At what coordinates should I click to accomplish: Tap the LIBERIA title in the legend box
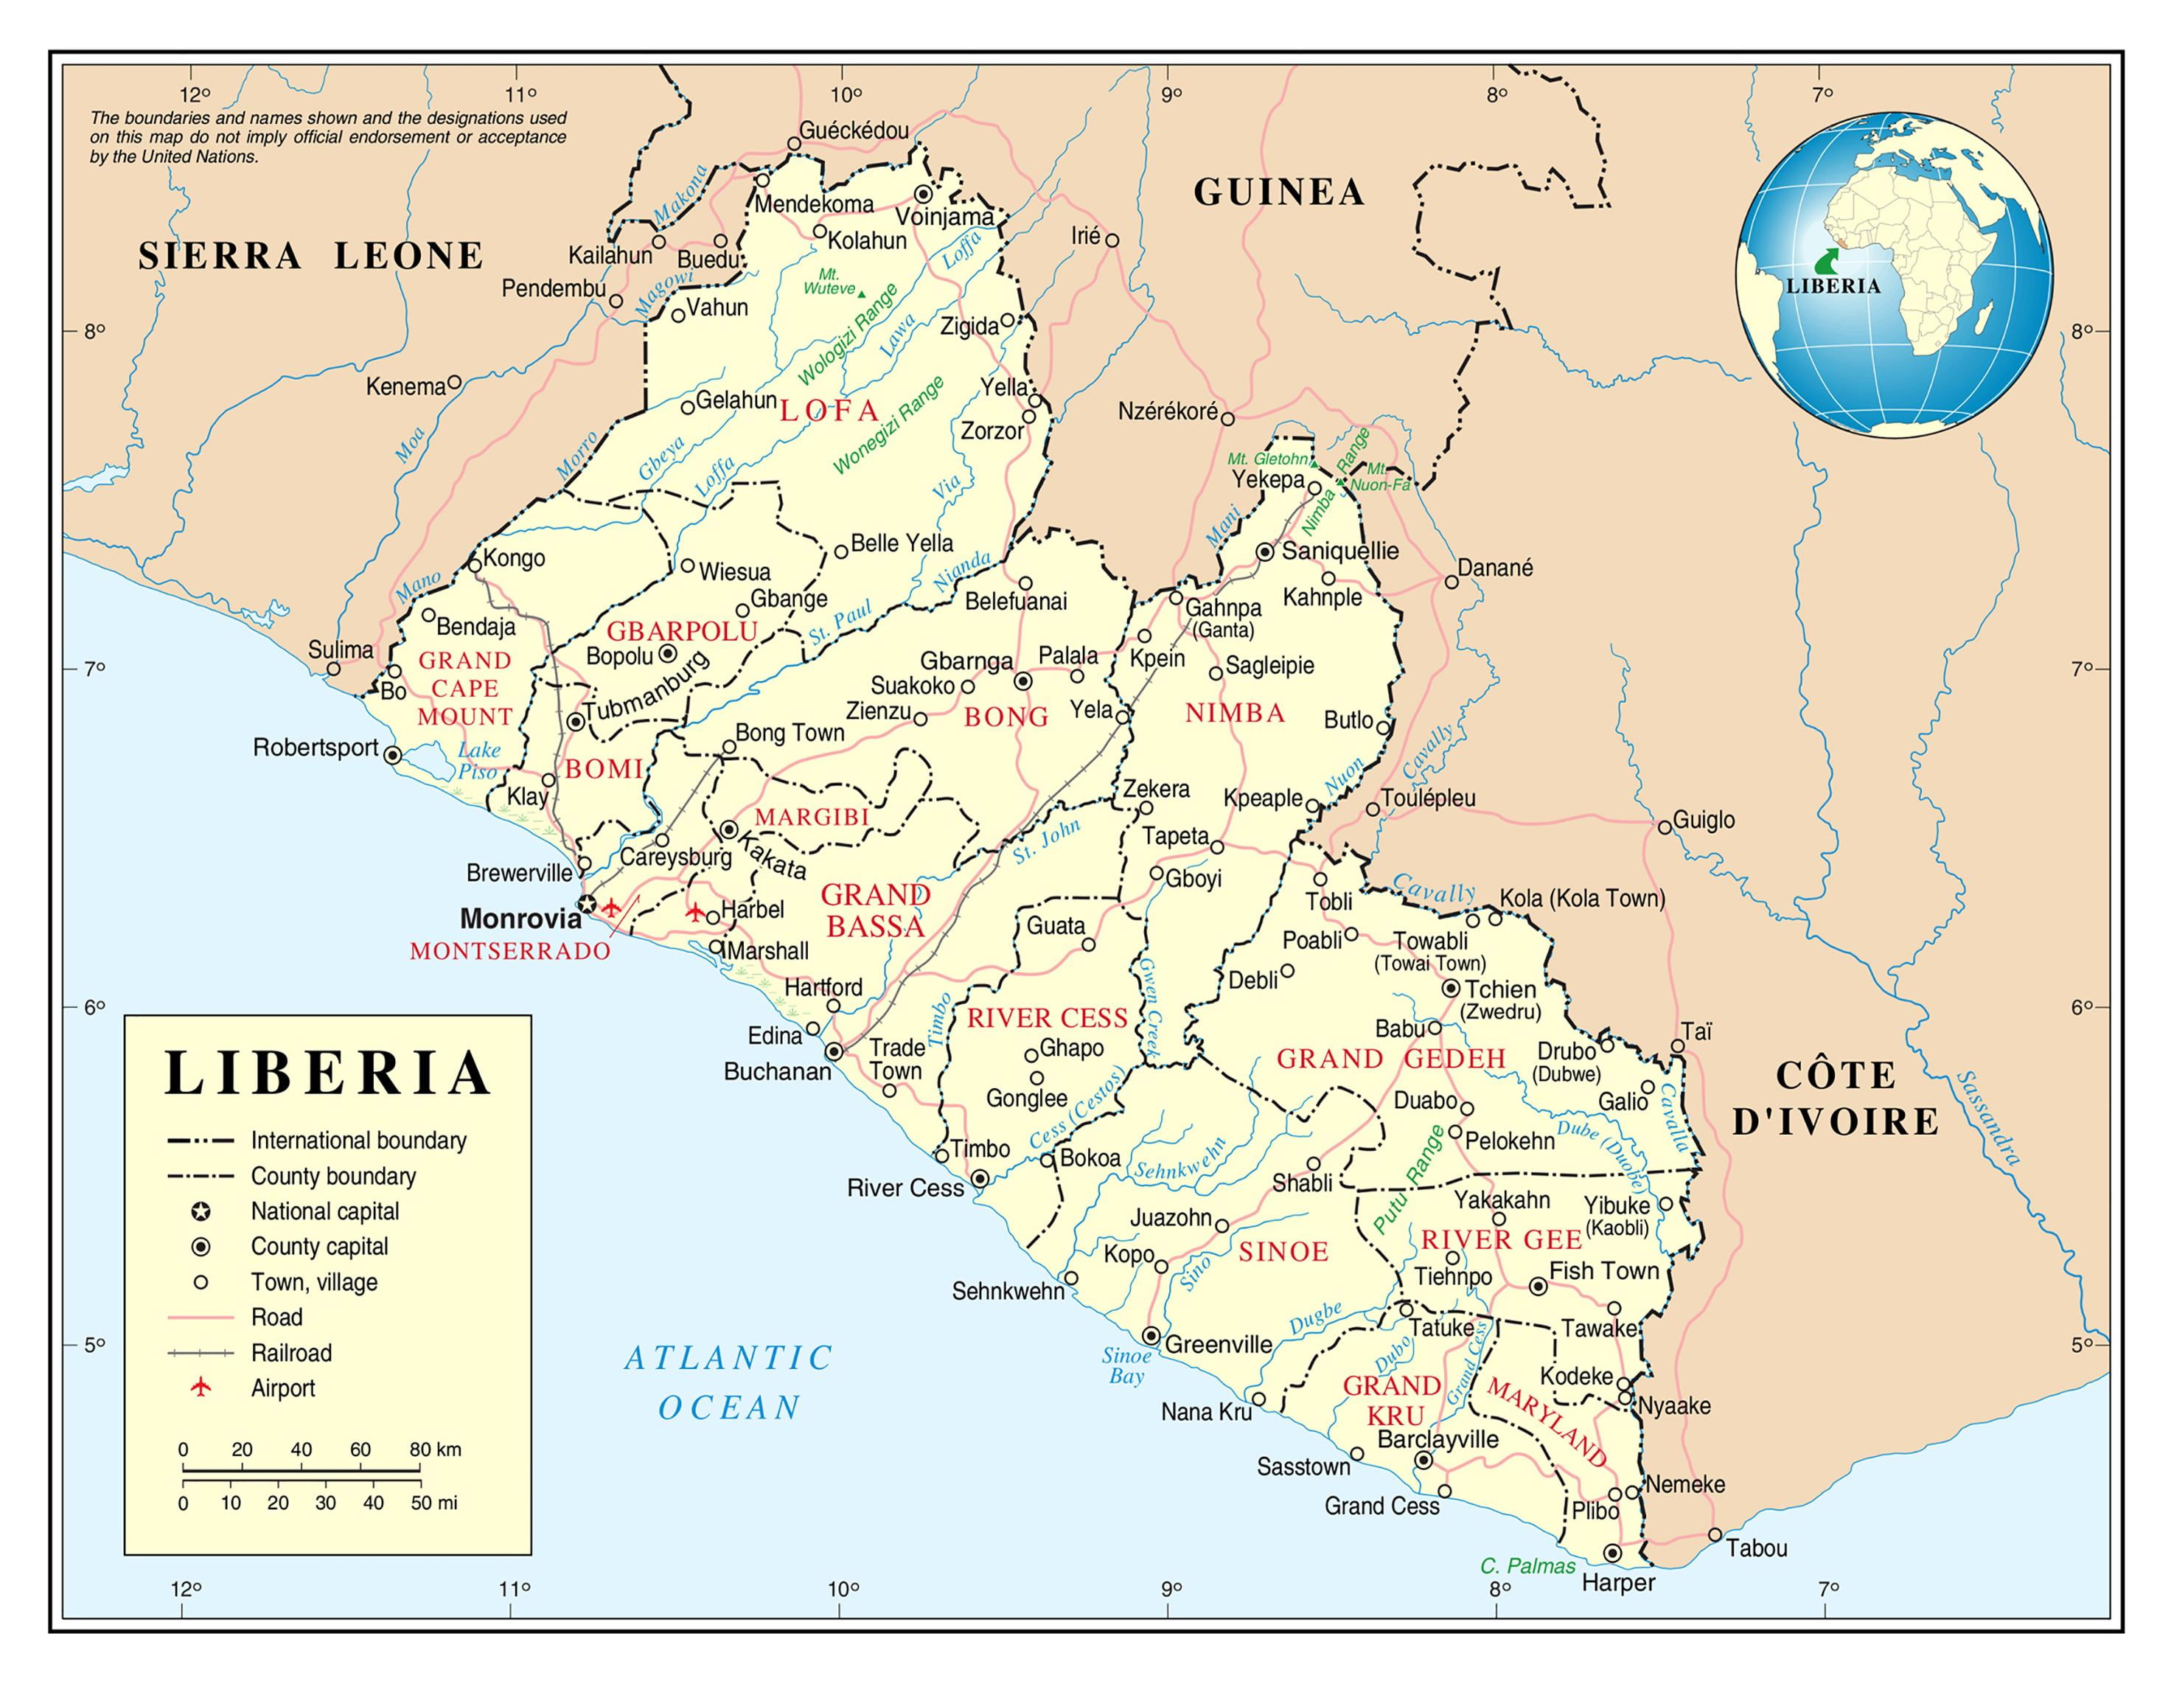point(327,1073)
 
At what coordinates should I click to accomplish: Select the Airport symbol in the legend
point(202,1387)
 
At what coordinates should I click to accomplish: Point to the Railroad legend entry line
point(202,1352)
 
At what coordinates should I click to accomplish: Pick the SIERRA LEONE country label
point(310,256)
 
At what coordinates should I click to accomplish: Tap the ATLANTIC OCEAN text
point(728,1382)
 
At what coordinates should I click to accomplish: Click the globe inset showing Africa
point(1894,274)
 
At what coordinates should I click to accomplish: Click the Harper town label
point(1617,1583)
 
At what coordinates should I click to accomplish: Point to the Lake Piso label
point(478,760)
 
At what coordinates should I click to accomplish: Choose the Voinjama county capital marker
point(924,194)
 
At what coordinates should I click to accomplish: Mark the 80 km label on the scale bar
point(436,1449)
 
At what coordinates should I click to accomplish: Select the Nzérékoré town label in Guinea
point(1167,411)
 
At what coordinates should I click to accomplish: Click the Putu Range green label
point(1409,1179)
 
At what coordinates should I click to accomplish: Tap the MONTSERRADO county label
point(510,951)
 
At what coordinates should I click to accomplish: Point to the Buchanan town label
point(776,1071)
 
